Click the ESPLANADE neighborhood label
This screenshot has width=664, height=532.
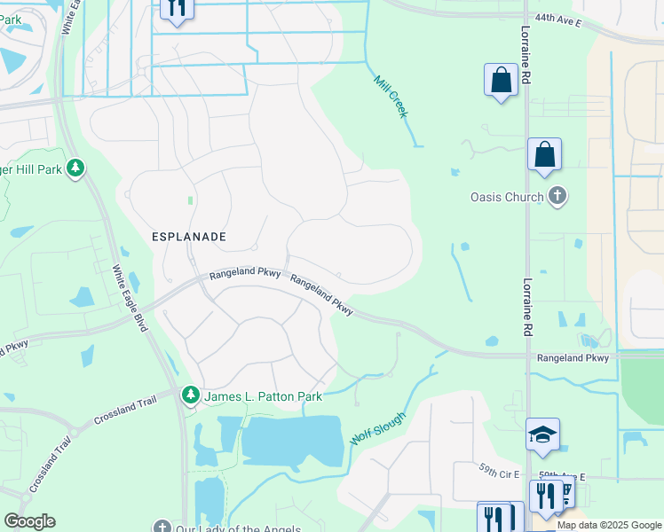(188, 238)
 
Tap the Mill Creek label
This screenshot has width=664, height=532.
(390, 97)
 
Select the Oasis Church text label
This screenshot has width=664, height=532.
(507, 197)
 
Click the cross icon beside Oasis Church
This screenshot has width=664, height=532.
(557, 196)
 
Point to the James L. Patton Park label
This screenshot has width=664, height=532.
(263, 396)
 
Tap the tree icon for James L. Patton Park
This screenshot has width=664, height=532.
(190, 395)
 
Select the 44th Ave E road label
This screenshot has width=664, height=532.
(557, 19)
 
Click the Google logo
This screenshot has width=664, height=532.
(29, 521)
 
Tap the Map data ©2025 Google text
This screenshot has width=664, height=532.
(608, 525)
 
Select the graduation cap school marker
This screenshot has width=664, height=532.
(542, 434)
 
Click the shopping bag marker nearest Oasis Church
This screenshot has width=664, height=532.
(544, 154)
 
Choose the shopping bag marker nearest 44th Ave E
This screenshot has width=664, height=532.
(501, 80)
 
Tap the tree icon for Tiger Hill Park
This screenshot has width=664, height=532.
(75, 168)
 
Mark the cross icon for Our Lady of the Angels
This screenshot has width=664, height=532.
(161, 528)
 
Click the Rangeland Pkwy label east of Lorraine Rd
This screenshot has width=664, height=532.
(573, 358)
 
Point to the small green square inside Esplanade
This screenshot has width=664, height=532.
(190, 200)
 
